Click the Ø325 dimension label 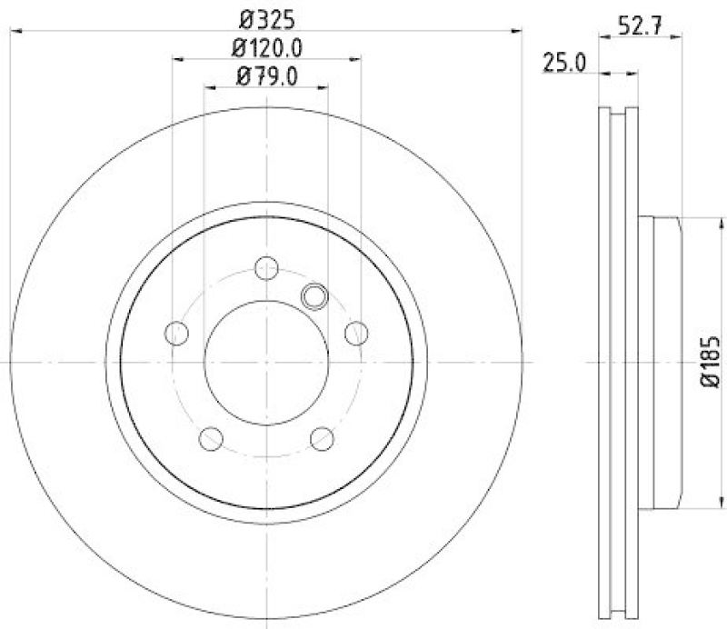coord(267,17)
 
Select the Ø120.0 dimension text coord(267,47)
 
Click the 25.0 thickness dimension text coord(563,62)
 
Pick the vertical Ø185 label coord(712,364)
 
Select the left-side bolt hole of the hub coord(177,333)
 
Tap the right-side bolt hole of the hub coord(356,333)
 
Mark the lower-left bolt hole coord(211,438)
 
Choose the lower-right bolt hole coord(322,438)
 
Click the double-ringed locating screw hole coord(314,295)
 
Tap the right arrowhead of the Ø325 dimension coord(518,32)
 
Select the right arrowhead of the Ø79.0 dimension coord(323,88)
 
